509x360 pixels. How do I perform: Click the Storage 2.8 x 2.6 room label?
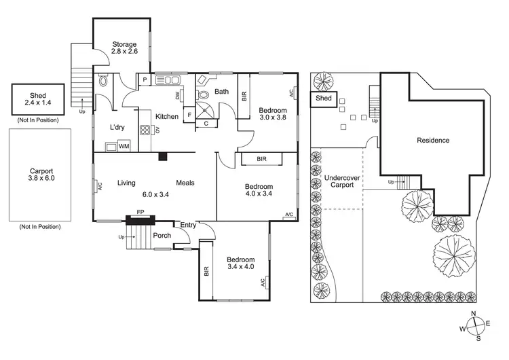point(124,49)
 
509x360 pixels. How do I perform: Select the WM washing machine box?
point(124,145)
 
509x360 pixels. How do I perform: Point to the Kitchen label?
point(166,117)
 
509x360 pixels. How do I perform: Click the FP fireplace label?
point(140,212)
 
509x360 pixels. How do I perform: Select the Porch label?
point(162,236)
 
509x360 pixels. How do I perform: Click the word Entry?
point(187,225)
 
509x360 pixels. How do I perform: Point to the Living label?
point(127,183)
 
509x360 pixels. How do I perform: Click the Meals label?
point(186,183)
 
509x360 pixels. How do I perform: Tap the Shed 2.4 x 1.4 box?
point(37,99)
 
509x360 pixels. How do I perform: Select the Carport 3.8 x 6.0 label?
point(37,176)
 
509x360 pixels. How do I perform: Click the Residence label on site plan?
point(432,141)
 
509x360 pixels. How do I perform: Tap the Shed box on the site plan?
point(324,98)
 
